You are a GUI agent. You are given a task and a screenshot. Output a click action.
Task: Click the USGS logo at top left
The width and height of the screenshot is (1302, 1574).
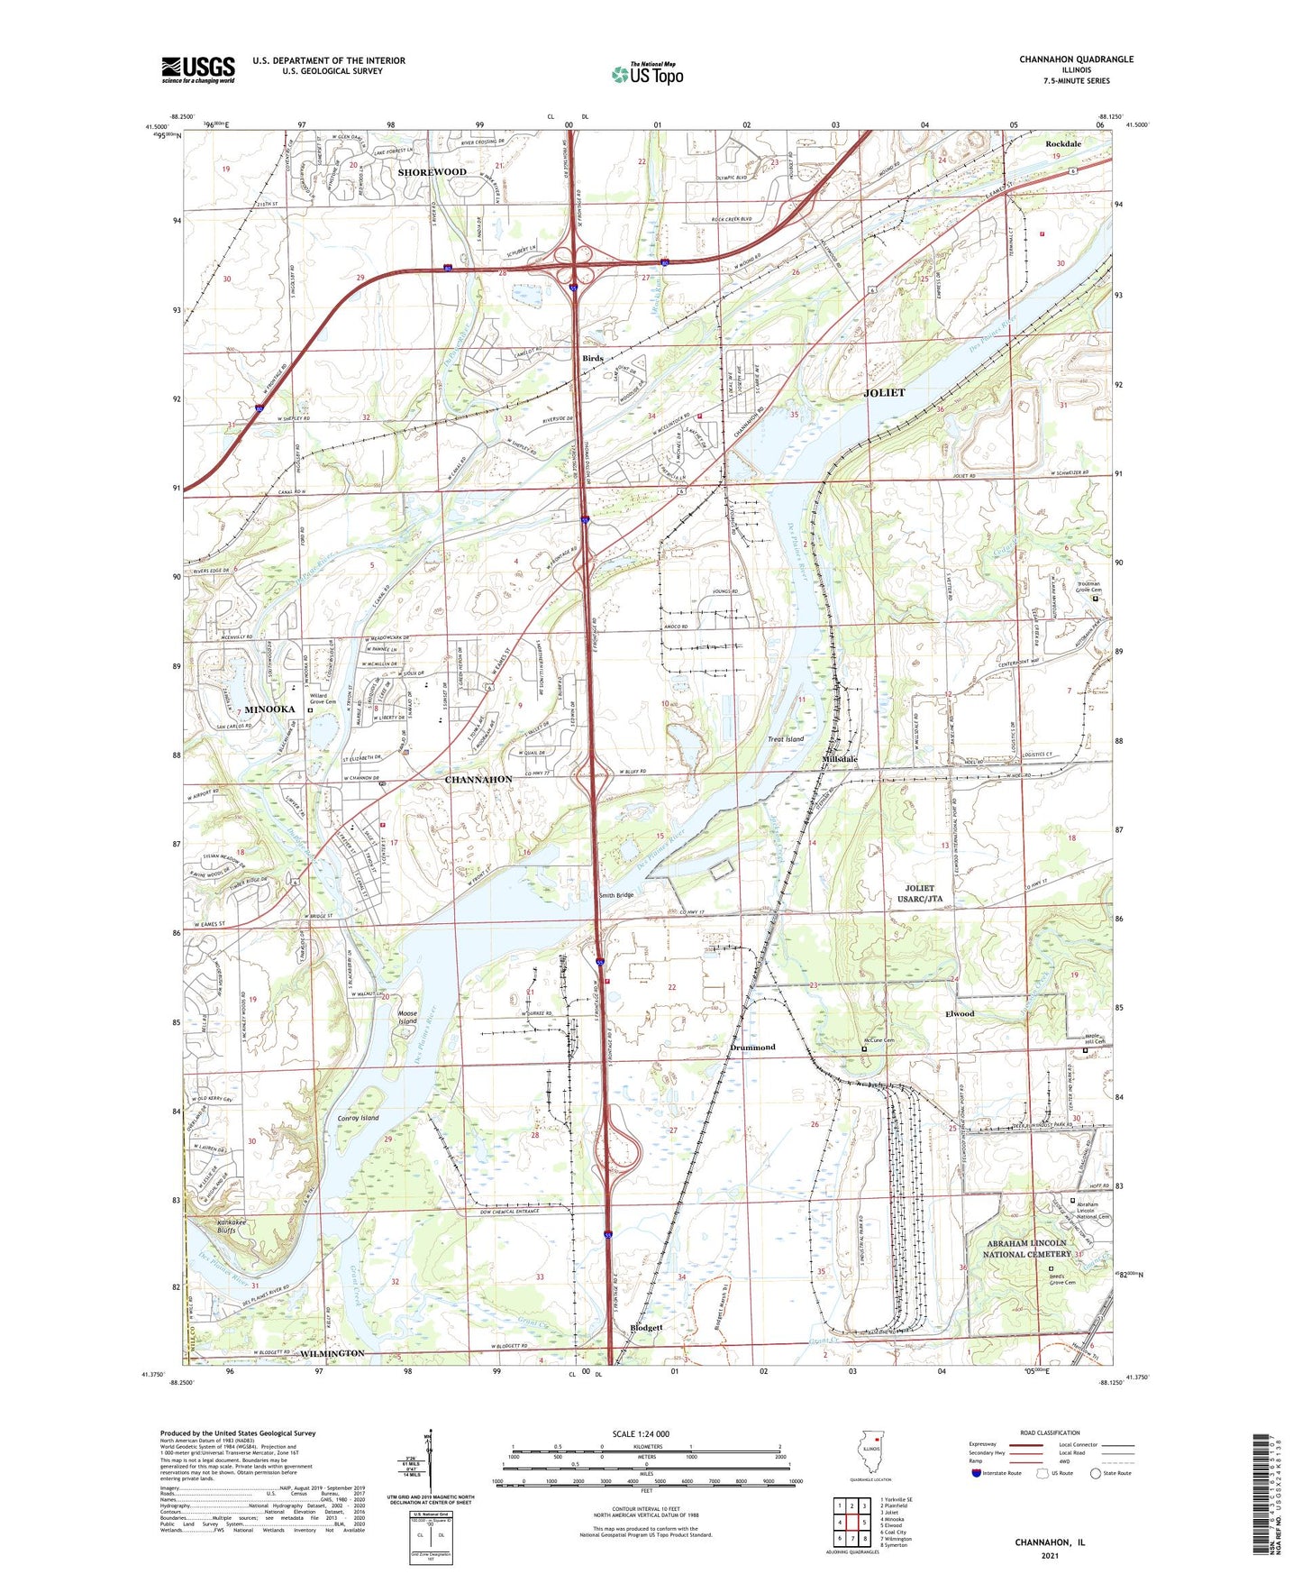pyautogui.click(x=198, y=69)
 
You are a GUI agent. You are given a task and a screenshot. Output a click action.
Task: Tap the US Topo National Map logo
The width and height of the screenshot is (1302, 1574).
pyautogui.click(x=647, y=74)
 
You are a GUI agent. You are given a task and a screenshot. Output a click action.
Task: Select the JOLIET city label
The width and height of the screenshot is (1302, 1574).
pyautogui.click(x=884, y=393)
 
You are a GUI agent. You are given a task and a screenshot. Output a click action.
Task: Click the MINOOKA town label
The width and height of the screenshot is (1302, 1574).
pyautogui.click(x=269, y=709)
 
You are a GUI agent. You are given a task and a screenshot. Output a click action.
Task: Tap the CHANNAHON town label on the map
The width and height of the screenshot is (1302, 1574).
pyautogui.click(x=478, y=779)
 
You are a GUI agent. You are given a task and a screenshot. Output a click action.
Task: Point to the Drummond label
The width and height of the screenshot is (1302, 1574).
pyautogui.click(x=752, y=1048)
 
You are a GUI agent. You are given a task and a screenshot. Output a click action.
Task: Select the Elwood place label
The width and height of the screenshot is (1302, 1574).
pyautogui.click(x=960, y=1013)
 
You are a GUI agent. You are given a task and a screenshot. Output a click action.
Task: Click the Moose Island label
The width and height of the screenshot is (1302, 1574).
pyautogui.click(x=407, y=1017)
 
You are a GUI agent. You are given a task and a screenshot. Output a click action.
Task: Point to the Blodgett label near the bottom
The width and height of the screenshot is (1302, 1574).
pyautogui.click(x=646, y=1328)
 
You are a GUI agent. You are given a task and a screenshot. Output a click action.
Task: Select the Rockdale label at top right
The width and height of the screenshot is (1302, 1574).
pyautogui.click(x=1063, y=144)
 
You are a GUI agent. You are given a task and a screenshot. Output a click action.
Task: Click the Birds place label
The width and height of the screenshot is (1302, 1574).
pyautogui.click(x=592, y=359)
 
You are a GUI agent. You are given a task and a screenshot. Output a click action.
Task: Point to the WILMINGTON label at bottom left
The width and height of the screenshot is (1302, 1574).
pyautogui.click(x=332, y=1353)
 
